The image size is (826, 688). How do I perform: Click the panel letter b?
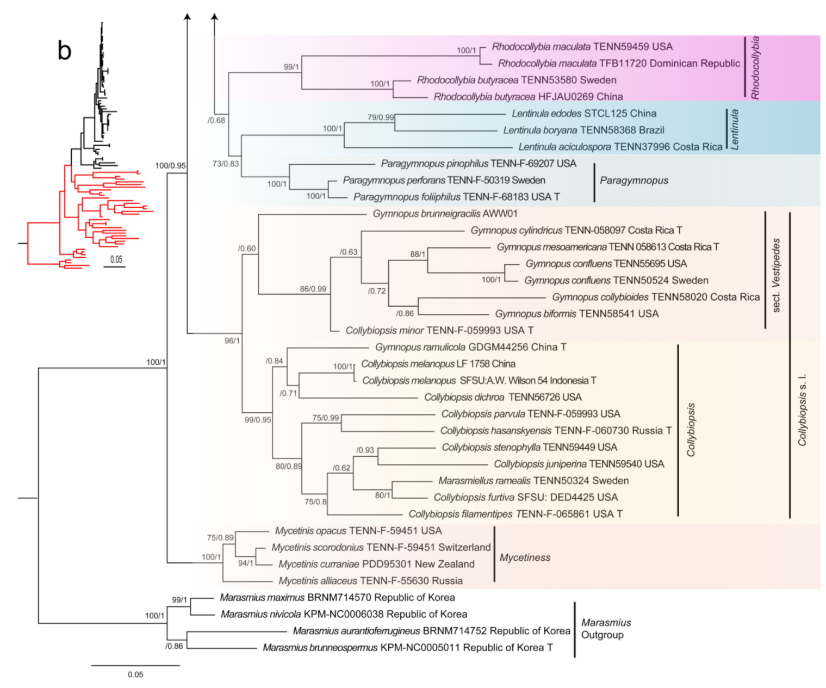pos(64,51)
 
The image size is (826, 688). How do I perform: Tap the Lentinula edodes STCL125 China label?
pos(583,114)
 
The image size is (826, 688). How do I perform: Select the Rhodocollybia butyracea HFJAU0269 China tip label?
pos(528,97)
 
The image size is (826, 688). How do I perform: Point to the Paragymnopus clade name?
pos(634,180)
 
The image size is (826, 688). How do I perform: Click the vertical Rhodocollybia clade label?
pos(755,67)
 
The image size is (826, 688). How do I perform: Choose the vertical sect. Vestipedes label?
pos(776,275)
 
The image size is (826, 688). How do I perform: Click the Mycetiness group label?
pos(525,557)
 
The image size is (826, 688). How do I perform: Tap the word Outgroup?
pos(602,635)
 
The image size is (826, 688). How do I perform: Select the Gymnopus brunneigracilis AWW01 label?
pos(445,214)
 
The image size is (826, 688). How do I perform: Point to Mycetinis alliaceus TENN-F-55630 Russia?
pos(370,581)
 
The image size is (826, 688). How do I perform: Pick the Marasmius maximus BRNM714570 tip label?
pos(337,598)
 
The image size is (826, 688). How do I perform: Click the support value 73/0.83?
pos(225,164)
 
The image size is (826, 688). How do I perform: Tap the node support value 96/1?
pos(232,340)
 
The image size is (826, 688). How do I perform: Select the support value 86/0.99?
pos(313,289)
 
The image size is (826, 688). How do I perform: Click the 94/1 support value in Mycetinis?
pos(246,563)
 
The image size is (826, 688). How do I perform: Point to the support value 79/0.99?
pos(381,117)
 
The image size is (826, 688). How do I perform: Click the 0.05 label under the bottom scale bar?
pos(135,674)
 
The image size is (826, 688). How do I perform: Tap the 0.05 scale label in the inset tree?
pos(116,259)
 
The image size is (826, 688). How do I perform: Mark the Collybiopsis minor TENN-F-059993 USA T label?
pos(439,330)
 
